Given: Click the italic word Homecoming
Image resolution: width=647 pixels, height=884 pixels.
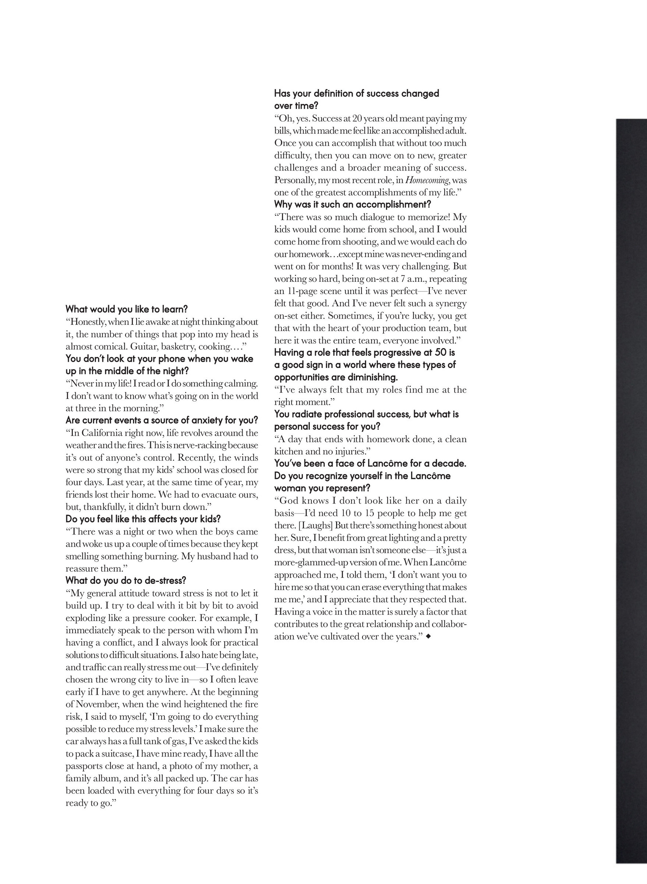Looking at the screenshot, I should [427, 181].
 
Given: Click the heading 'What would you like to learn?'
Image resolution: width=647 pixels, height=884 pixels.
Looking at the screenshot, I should [127, 309].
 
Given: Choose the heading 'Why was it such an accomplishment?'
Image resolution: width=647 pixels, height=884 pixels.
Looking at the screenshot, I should [353, 204].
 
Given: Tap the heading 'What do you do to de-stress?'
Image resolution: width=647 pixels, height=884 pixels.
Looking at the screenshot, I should [126, 580].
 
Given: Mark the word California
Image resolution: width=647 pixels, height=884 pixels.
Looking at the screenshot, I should [103, 433].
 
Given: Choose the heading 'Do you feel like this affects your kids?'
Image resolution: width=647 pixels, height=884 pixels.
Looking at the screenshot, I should [143, 519].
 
